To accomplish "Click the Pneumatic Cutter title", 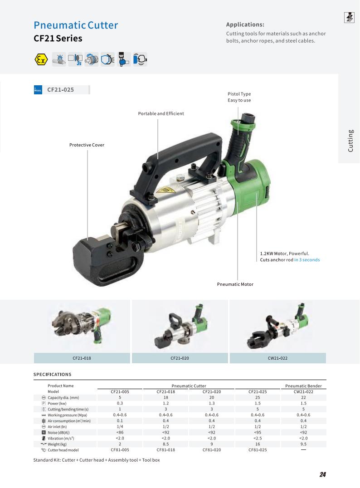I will tap(76, 25).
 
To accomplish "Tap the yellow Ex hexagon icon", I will tap(41, 59).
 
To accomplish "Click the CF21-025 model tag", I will tap(61, 90).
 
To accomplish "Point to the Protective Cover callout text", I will tap(87, 145).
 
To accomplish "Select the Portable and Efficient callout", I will tap(161, 113).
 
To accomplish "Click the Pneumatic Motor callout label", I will tap(235, 284).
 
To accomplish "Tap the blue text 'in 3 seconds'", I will tap(307, 260).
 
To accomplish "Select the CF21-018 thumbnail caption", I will tap(82, 358).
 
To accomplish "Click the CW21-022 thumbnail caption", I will tap(277, 358).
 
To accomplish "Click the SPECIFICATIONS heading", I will tap(53, 375).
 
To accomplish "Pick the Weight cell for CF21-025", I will tap(258, 444).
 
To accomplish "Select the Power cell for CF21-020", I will tap(212, 403).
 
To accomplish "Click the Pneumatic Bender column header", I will tap(303, 386).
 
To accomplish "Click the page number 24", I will tap(322, 474).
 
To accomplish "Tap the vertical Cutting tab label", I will tap(350, 141).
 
